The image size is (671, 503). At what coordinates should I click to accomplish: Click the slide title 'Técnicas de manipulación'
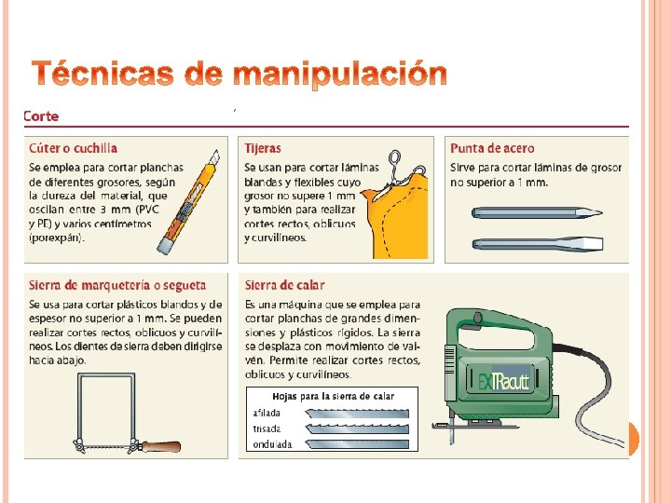pyautogui.click(x=240, y=74)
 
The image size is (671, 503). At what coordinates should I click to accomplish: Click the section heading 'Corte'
pyautogui.click(x=41, y=116)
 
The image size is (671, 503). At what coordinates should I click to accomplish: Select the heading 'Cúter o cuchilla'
pyautogui.click(x=74, y=148)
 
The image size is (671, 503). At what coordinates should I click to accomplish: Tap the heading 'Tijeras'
pyautogui.click(x=263, y=148)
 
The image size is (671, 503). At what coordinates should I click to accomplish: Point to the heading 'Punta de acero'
pyautogui.click(x=492, y=148)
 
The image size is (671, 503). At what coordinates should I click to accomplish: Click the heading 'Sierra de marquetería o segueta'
pyautogui.click(x=117, y=285)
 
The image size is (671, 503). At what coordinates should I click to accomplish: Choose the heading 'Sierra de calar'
pyautogui.click(x=284, y=285)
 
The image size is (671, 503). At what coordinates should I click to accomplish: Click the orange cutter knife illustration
pyautogui.click(x=188, y=202)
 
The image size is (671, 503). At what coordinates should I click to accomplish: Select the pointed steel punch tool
pyautogui.click(x=537, y=212)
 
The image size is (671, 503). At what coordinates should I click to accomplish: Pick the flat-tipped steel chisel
pyautogui.click(x=538, y=244)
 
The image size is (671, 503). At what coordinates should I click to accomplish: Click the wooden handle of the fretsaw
pyautogui.click(x=160, y=447)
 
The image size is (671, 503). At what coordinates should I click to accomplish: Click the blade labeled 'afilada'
pyautogui.click(x=357, y=414)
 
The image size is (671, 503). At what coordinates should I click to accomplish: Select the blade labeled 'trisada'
pyautogui.click(x=357, y=429)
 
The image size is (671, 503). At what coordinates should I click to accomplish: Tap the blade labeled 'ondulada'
pyautogui.click(x=357, y=444)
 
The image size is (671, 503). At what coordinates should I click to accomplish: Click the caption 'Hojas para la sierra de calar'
pyautogui.click(x=333, y=397)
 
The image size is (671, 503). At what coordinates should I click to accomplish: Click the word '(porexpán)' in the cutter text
pyautogui.click(x=57, y=238)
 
